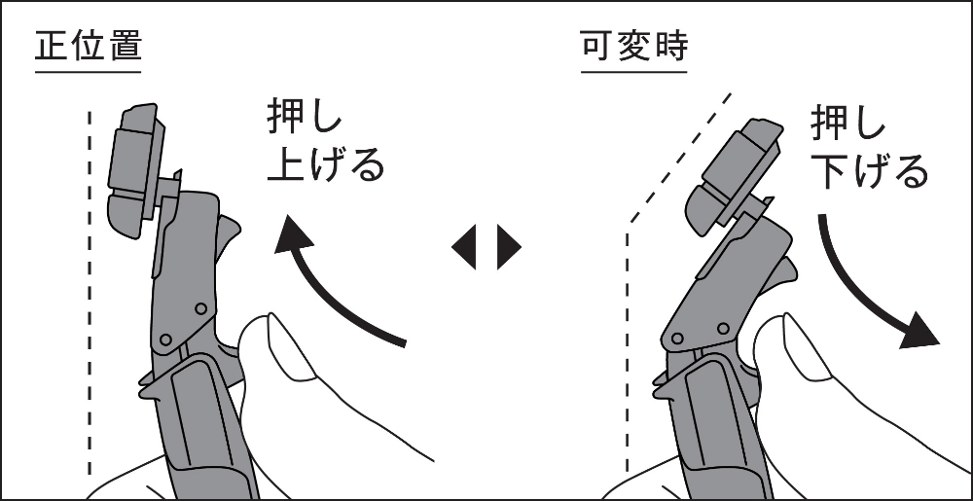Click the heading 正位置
[89, 46]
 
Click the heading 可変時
[634, 46]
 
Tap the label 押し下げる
[869, 148]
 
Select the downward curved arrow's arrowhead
[919, 330]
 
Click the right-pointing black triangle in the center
[508, 247]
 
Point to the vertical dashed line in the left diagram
[90, 293]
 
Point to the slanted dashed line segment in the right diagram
[680, 159]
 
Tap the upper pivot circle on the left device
[200, 308]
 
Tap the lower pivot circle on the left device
[165, 340]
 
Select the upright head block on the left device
[135, 170]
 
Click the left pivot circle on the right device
[677, 339]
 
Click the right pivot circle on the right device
[723, 328]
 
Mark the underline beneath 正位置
[89, 72]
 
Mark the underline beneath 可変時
[634, 72]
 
